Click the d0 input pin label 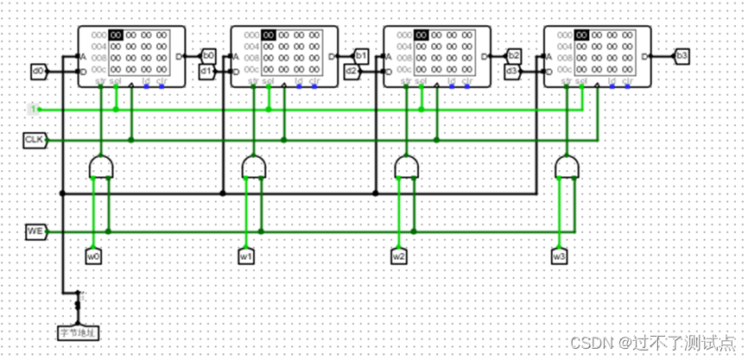click(37, 71)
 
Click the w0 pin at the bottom click(93, 256)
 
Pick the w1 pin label click(246, 256)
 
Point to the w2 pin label click(398, 256)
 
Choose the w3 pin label click(560, 256)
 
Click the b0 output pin click(208, 55)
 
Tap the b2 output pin click(514, 55)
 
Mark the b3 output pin click(682, 55)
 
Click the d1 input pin click(206, 71)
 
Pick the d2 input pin click(352, 71)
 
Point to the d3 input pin click(511, 71)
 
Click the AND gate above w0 click(100, 167)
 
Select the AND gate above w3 click(567, 167)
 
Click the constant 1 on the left click(33, 109)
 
